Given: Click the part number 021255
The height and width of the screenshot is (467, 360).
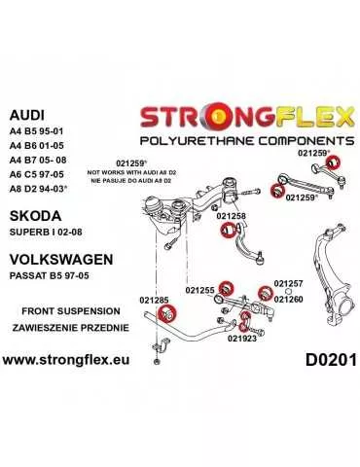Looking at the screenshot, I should click(200, 289).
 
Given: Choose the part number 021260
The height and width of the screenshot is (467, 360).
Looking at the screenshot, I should click(289, 298).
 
